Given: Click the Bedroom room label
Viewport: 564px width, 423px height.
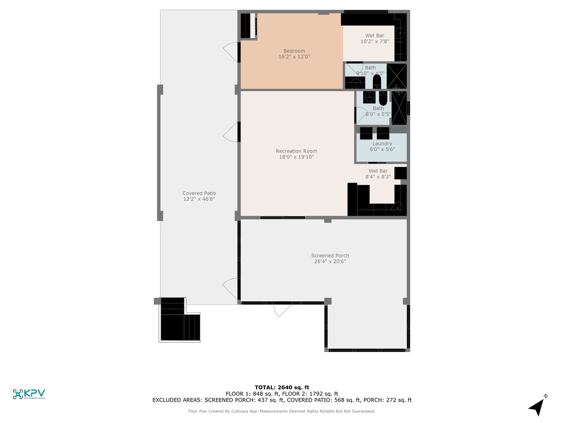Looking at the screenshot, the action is point(294,51).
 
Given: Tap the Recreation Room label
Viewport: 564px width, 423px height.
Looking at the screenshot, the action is point(297,151).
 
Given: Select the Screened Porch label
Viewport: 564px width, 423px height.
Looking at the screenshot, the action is point(330,255).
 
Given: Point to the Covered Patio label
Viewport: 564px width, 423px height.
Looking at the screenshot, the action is point(199,193).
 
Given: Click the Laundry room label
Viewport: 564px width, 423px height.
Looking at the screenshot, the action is point(382,143).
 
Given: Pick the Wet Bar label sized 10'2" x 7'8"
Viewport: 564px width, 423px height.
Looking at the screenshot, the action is point(375,38).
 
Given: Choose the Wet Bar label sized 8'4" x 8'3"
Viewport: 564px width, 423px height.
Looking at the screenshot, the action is point(378,174).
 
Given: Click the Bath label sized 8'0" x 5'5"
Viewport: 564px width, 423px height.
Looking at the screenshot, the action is point(378,111).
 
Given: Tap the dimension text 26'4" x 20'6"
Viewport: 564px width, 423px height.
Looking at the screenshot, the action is point(330,262).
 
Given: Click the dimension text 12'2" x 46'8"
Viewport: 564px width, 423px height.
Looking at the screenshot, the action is point(199,199).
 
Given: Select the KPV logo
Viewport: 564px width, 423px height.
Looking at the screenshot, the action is point(29,394).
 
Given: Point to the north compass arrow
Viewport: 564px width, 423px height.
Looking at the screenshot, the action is point(537,407).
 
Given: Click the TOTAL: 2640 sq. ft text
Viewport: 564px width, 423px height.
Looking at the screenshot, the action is point(281,387).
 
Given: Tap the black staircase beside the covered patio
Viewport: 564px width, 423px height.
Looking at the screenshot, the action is point(179,319).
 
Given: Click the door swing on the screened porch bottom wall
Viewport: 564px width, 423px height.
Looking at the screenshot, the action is point(281,310).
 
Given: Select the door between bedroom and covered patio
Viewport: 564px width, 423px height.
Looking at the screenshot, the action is point(231,52).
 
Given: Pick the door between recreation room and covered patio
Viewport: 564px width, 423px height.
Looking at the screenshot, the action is point(231,132).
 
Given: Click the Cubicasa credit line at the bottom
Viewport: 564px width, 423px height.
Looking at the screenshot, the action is point(281,411).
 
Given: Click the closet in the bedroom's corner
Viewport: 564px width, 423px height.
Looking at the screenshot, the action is point(248,25).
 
